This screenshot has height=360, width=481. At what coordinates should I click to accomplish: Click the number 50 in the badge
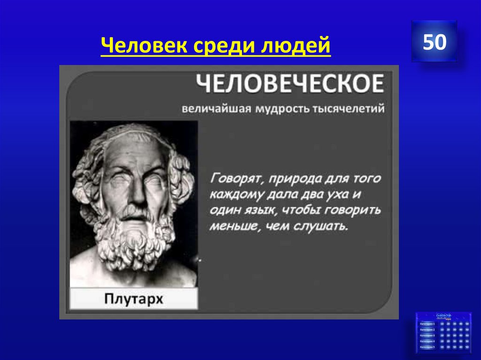point(434,42)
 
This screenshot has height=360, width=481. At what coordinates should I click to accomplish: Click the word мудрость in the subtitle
point(280,109)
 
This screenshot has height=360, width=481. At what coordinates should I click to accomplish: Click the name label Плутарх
point(134,298)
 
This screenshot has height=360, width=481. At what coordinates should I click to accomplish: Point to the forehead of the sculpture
point(134,155)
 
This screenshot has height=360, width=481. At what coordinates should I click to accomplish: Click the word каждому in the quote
point(235,195)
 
